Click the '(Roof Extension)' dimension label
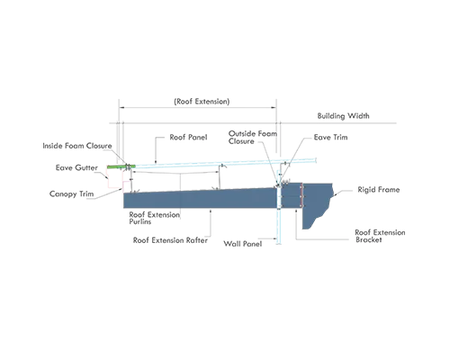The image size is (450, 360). (x=202, y=102)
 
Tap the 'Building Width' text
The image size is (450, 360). (x=344, y=116)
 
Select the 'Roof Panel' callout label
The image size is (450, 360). (x=188, y=137)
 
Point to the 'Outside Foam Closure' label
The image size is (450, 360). (x=253, y=138)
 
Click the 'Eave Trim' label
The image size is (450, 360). (x=330, y=137)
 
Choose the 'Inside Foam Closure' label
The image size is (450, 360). (x=77, y=146)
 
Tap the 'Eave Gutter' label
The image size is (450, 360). (x=76, y=167)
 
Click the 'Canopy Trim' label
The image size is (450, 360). (x=71, y=193)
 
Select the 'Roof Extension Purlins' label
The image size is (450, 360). (x=154, y=218)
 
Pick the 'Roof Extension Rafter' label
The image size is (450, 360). (x=170, y=240)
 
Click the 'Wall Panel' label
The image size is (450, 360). (x=243, y=244)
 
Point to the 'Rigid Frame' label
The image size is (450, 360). (x=379, y=190)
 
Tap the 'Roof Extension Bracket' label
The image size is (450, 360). (x=380, y=236)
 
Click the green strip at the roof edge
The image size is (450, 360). (x=121, y=166)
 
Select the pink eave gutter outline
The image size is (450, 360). (x=115, y=177)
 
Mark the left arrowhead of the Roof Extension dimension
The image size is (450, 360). (x=121, y=107)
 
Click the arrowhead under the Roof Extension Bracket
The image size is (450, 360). (x=296, y=211)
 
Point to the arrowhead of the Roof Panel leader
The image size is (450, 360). (x=156, y=162)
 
